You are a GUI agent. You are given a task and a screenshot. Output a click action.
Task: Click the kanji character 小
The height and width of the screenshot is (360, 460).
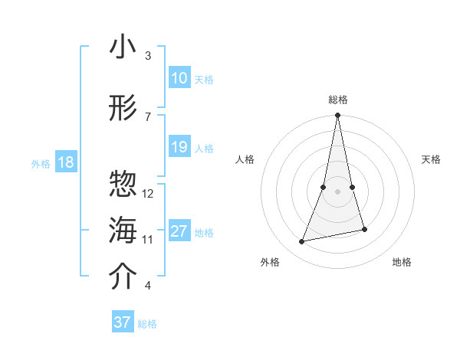[123, 47]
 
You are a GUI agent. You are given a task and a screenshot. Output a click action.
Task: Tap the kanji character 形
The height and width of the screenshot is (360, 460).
[123, 108]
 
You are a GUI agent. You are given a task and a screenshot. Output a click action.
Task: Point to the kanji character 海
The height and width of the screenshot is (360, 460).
[123, 231]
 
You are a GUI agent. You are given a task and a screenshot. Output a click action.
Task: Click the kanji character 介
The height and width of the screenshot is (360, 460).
[123, 277]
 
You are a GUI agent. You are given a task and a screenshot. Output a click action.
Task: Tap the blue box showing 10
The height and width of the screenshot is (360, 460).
[179, 78]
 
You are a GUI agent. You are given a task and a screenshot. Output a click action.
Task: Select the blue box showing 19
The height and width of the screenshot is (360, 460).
[179, 147]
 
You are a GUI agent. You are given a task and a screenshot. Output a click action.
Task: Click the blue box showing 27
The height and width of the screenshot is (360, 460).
[179, 231]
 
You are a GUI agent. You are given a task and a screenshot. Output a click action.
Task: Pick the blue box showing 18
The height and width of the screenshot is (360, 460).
[65, 162]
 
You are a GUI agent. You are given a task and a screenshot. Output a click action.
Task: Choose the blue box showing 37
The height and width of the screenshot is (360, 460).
[123, 322]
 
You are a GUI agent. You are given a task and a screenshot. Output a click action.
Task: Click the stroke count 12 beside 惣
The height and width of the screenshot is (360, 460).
[149, 193]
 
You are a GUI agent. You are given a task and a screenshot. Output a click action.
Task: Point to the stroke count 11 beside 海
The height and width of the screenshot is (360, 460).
[148, 240]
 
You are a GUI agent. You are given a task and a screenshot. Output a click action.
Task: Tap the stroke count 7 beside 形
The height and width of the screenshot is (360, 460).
[147, 116]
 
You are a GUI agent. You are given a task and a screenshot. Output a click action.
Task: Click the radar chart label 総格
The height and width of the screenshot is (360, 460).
[337, 99]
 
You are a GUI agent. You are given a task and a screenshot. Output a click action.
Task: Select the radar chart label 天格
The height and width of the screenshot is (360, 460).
[431, 159]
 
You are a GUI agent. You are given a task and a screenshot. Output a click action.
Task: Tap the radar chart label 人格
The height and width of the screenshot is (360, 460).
[245, 159]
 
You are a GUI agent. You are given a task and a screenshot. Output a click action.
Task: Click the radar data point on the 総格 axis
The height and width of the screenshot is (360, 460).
[337, 116]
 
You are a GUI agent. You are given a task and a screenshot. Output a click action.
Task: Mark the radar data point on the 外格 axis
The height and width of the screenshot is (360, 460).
[302, 242]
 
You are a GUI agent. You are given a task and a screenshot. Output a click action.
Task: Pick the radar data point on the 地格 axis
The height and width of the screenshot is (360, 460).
[364, 229]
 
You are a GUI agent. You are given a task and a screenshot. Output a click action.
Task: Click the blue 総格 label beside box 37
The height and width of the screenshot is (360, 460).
[147, 324]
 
